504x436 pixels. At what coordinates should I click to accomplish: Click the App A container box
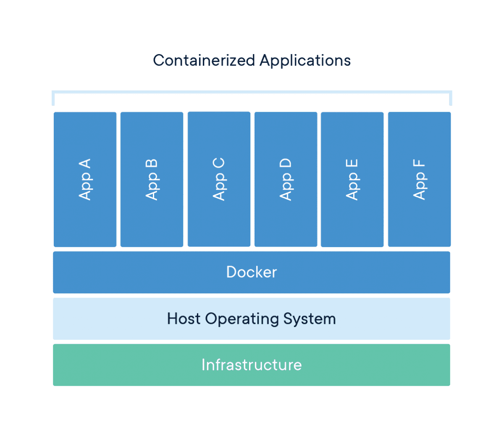85,180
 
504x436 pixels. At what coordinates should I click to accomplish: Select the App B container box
152,180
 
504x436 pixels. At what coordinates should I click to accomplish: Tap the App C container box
219,179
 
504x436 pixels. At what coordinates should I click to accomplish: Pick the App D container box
286,180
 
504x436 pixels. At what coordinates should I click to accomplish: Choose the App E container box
352,180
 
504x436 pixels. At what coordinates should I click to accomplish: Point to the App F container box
420,180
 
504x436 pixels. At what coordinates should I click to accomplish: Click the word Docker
252,272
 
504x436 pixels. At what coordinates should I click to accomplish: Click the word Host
184,319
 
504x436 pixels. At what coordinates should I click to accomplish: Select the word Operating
242,320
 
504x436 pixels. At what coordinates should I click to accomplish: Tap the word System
310,319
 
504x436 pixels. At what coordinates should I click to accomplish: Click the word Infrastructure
252,365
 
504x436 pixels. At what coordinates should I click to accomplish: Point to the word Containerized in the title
204,60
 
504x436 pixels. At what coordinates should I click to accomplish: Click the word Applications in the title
305,61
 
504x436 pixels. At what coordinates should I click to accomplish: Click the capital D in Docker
232,272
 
